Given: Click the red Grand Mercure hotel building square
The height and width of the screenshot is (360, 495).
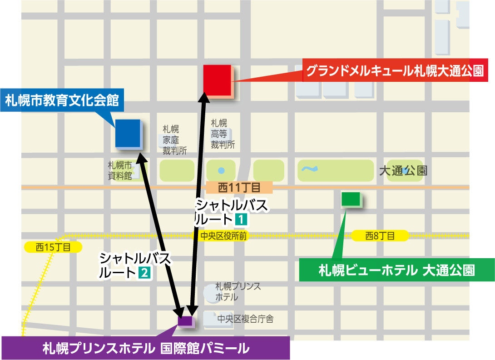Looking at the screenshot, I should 218,80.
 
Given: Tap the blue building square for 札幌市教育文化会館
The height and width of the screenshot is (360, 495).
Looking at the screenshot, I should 128,133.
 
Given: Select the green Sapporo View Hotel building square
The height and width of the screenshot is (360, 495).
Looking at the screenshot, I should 351,199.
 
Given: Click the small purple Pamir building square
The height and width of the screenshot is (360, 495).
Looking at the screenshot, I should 185,321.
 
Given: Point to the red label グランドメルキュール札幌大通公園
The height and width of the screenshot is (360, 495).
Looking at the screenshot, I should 394,71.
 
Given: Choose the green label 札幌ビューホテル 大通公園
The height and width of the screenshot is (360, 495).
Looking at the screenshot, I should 396,270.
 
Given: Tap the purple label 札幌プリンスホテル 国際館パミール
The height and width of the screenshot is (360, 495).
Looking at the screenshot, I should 146,348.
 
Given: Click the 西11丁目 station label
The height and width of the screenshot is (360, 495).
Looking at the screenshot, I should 239,187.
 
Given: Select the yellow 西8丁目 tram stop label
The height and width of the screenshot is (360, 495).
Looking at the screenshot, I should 380,235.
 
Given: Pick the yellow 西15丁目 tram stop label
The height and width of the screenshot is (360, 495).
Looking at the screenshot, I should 53,247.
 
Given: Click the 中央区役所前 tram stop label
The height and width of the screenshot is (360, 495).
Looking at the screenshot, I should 223,236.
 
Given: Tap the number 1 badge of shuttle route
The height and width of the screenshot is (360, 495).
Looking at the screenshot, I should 240,220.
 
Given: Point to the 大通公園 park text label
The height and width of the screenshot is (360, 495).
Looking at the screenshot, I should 403,171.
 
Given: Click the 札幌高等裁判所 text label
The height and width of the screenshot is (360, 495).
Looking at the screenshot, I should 223,134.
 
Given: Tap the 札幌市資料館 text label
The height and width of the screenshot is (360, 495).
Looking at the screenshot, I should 120,170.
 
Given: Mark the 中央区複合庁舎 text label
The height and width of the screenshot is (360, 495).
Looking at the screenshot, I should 245,319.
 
